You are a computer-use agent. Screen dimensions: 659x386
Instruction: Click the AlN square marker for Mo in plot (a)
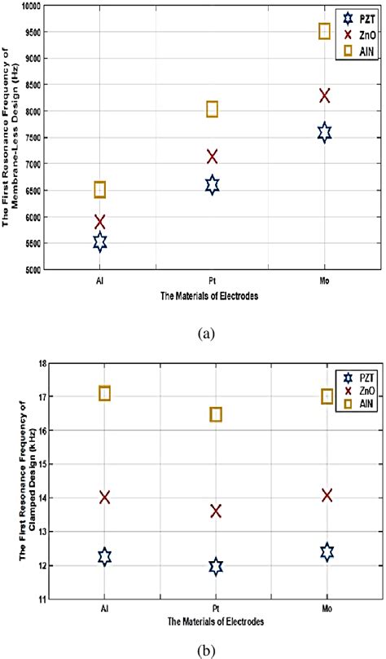[x=324, y=31]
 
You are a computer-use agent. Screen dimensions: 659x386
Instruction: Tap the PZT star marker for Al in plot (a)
[x=99, y=242]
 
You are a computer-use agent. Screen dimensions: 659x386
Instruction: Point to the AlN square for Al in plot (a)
[x=99, y=190]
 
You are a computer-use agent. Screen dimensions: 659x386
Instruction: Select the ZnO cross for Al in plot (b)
[x=104, y=498]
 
